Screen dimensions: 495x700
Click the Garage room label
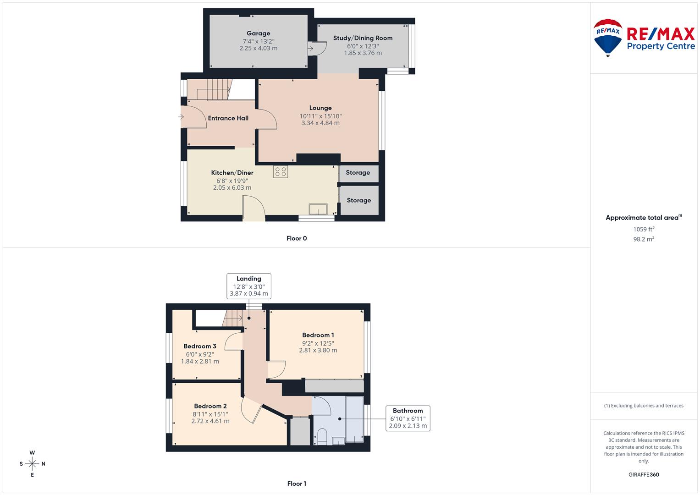[x=258, y=33]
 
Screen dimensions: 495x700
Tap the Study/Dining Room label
[x=363, y=38]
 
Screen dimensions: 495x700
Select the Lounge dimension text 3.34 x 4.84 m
[x=320, y=123]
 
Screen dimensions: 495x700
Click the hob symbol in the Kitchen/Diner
[x=281, y=171]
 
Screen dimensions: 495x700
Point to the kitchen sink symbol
[x=318, y=209]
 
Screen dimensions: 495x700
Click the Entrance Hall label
[x=228, y=118]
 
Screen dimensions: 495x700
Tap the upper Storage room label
[x=358, y=173]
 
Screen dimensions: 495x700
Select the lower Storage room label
[x=358, y=200]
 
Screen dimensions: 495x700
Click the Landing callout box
[x=249, y=286]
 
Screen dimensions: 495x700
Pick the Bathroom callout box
[x=408, y=418]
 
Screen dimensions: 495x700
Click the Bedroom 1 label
[x=318, y=335]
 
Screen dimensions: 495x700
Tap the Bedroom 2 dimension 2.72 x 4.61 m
[x=210, y=421]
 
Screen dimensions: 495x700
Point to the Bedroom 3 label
[x=200, y=346]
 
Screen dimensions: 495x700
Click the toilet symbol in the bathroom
[x=322, y=436]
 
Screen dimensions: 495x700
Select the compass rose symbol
[x=32, y=463]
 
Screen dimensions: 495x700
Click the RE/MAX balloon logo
[x=608, y=38]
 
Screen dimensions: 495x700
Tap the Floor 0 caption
[x=297, y=238]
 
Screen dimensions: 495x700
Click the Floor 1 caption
[x=297, y=484]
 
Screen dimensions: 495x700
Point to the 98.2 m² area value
[x=644, y=239]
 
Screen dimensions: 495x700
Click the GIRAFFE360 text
[x=644, y=474]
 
